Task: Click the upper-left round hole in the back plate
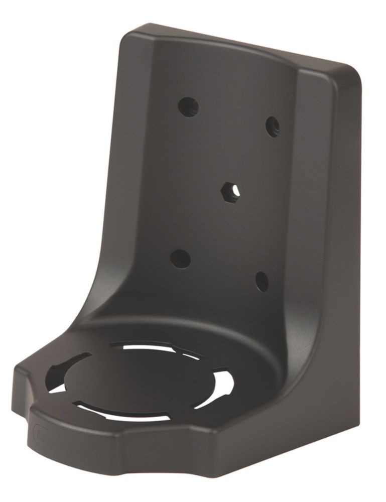click(189, 106)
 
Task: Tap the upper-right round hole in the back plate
click(272, 127)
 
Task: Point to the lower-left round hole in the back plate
click(180, 259)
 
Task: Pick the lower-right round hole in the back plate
click(262, 282)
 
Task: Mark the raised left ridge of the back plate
click(120, 201)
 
